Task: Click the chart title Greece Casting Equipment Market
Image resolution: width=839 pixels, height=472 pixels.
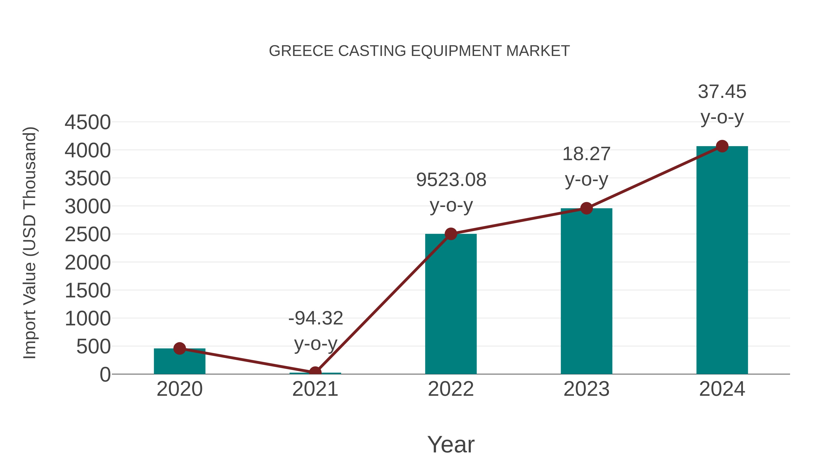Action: click(x=419, y=51)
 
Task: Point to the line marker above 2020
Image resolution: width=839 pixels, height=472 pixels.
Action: click(x=179, y=348)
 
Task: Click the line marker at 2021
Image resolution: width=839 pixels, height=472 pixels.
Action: click(x=315, y=372)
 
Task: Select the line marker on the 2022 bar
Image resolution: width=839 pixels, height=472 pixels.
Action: click(x=451, y=234)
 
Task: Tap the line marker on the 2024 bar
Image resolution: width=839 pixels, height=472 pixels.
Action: click(x=722, y=146)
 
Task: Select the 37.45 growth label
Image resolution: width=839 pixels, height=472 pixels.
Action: click(x=722, y=92)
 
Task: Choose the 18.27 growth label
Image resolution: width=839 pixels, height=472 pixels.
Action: click(x=586, y=154)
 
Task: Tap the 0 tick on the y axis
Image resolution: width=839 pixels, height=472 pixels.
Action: click(x=105, y=375)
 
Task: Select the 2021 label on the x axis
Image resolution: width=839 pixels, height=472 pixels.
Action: click(x=315, y=389)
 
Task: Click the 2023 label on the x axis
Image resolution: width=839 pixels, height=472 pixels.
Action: click(x=586, y=389)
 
